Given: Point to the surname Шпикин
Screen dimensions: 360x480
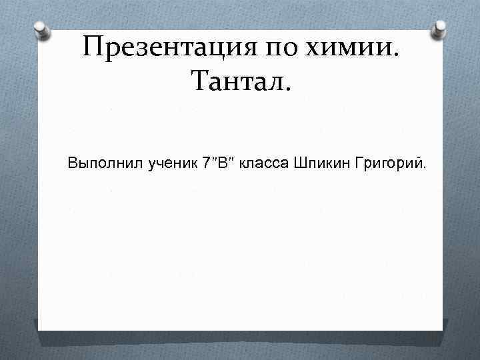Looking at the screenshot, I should point(317,163).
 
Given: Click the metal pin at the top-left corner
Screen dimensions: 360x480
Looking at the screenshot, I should point(41,29).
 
